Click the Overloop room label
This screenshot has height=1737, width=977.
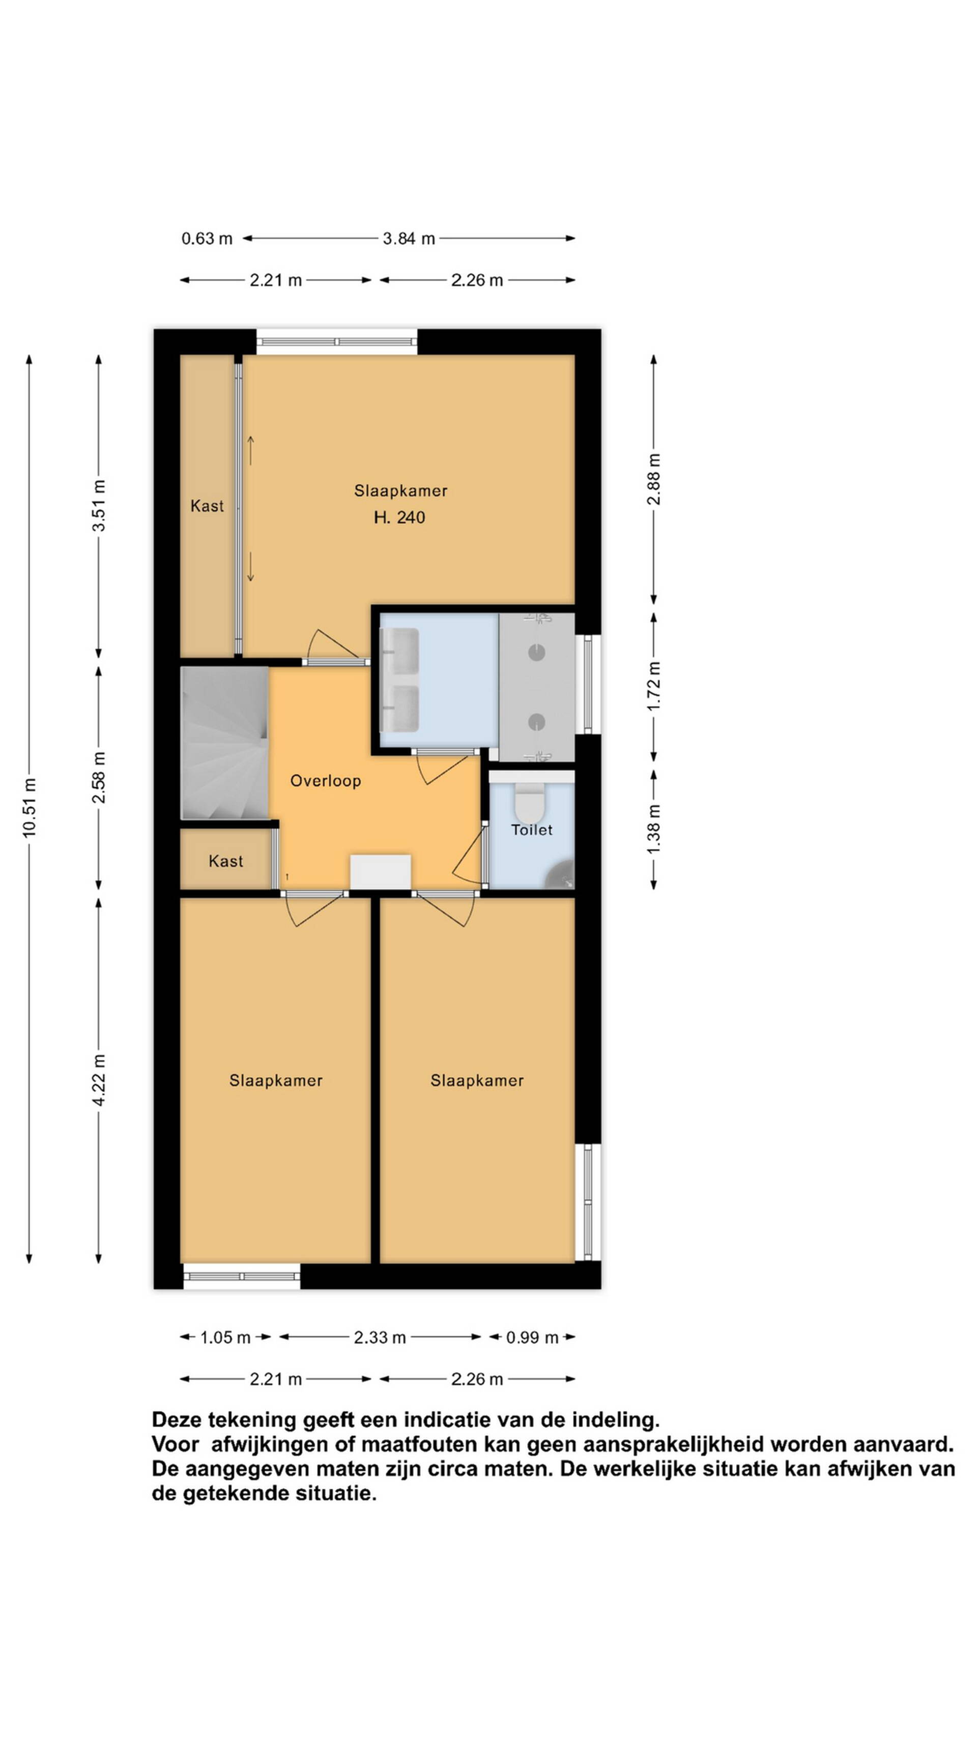[326, 781]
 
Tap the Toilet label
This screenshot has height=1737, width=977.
[532, 830]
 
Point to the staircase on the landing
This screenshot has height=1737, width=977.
[224, 743]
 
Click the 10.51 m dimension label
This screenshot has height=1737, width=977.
[29, 807]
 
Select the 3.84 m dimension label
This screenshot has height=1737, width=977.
[409, 239]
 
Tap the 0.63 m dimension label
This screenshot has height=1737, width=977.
[207, 239]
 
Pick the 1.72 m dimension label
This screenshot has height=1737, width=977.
[653, 686]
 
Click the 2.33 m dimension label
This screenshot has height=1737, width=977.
[380, 1337]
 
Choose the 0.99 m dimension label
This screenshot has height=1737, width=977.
[532, 1337]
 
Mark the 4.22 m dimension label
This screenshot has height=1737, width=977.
[99, 1079]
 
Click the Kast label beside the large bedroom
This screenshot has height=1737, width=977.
[207, 506]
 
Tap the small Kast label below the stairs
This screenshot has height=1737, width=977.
[226, 861]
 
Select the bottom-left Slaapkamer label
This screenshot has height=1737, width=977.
[276, 1080]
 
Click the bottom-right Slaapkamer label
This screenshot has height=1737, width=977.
[477, 1080]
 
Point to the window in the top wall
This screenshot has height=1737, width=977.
[336, 342]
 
